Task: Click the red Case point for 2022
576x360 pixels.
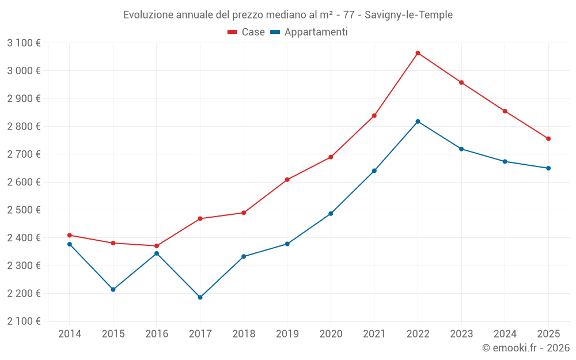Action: coord(418,53)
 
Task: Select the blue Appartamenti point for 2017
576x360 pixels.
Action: coord(200,297)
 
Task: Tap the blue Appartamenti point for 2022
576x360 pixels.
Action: coord(418,122)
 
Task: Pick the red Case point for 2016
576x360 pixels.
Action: coord(157,246)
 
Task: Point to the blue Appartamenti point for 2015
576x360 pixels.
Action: coord(113,289)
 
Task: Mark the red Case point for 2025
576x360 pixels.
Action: coord(548,139)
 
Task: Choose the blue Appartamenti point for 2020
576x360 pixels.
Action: coord(331,214)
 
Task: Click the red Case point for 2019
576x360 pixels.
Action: coord(287,180)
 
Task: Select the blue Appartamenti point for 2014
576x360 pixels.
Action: coord(70,244)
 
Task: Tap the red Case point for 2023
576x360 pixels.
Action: coord(461,82)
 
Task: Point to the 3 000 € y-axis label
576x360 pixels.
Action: coord(24,71)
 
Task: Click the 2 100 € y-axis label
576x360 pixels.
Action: coord(24,321)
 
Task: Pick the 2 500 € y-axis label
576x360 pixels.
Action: coord(24,210)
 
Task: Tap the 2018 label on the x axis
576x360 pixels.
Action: coord(244,334)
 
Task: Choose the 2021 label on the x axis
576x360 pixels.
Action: coord(374,334)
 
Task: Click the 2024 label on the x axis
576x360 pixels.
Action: coord(505,334)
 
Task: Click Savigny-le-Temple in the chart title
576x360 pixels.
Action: coord(408,14)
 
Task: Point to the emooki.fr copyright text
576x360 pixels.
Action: coord(526,348)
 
